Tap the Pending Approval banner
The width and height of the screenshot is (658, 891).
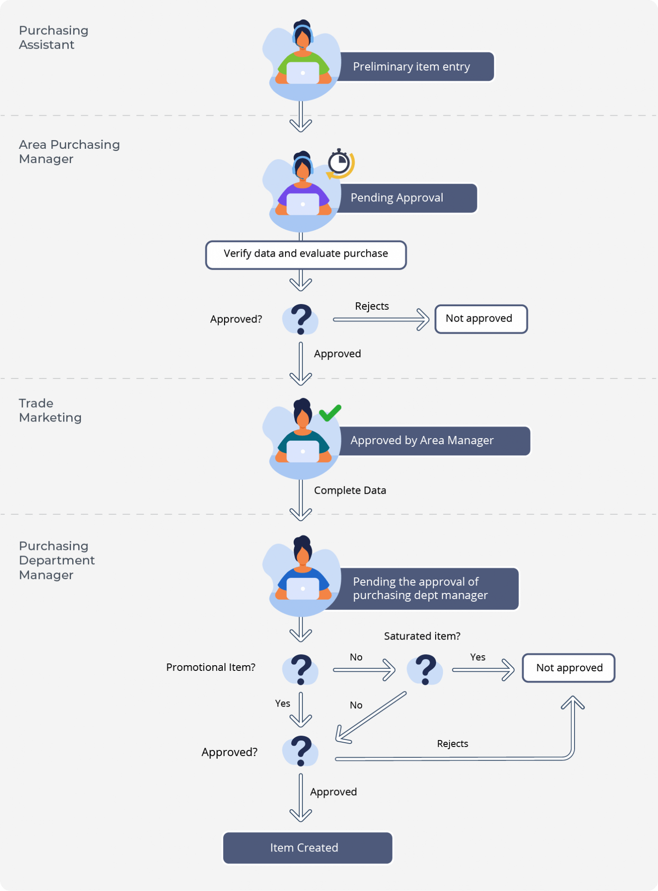pos(405,198)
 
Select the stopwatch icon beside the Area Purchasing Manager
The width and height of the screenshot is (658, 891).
pos(339,164)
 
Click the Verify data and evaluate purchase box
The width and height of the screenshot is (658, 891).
pos(305,254)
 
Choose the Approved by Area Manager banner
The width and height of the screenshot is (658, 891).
pos(431,441)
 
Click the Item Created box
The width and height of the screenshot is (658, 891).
pos(307,847)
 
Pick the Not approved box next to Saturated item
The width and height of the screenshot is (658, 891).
pos(568,668)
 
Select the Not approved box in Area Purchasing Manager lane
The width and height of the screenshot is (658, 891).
pos(480,319)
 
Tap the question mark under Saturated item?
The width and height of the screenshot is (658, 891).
pos(425,669)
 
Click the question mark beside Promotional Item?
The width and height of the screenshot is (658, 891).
pos(301,669)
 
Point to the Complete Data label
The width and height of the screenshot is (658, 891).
pos(350,490)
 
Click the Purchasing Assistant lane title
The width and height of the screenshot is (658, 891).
pos(53,37)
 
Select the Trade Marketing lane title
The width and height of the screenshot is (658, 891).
pos(50,410)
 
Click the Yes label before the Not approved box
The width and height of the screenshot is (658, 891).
pos(477,657)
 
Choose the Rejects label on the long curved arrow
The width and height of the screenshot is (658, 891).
pos(452,744)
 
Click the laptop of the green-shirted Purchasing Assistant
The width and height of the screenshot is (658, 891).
pos(302,73)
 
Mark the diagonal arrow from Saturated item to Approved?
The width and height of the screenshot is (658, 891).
pos(371,717)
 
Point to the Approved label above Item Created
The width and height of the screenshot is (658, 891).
pos(333,792)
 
